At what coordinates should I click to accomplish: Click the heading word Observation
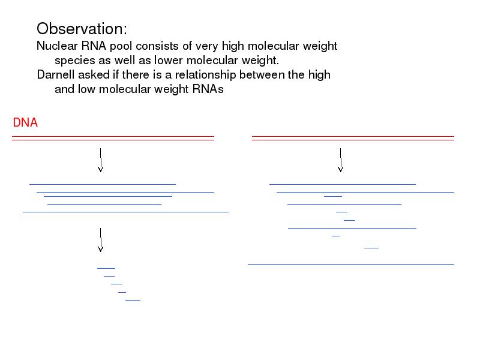(x=82, y=29)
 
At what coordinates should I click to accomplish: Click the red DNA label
(x=25, y=122)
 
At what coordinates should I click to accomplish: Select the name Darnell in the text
(x=56, y=74)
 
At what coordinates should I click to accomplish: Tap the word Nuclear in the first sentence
(x=57, y=46)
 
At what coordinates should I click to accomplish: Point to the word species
(x=74, y=61)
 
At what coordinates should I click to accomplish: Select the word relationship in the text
(x=205, y=75)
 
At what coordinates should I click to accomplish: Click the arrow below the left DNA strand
(x=100, y=160)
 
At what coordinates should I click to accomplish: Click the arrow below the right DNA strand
(x=340, y=160)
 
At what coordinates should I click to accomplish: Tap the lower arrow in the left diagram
(x=100, y=240)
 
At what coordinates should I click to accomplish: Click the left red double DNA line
(x=113, y=139)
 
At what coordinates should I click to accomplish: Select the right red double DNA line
(x=353, y=139)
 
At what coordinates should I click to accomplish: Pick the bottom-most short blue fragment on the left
(x=133, y=300)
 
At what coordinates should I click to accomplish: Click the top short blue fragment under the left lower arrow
(x=106, y=268)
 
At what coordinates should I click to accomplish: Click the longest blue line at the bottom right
(x=351, y=264)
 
